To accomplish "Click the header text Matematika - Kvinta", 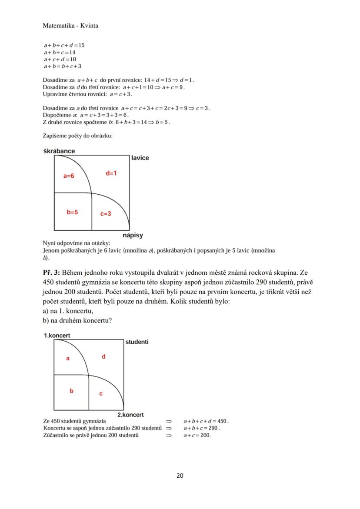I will pos(70,26).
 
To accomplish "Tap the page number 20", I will pos(180,476).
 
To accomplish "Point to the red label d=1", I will pos(111,173).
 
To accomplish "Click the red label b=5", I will pos(72,213).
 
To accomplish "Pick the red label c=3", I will pos(106,213).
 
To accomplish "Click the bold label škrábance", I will pos(59,151).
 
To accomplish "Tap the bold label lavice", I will pos(140,158).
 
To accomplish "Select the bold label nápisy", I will pos(133,235).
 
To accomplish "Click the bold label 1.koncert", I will pos(57,336).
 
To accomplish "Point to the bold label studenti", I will pos(137,342).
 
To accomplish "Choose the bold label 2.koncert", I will pos(130,415).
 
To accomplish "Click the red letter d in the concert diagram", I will pos(103,356).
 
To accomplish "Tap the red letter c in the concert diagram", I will pos(101,393).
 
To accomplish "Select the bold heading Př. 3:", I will pos(52,273).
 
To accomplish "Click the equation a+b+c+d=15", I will pos(64,45).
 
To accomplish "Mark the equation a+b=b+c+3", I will pos(63,66).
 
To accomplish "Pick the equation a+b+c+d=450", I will pos(206,421).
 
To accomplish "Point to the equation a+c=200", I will pos(197,435).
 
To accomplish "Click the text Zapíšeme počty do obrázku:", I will pos(78,136).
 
